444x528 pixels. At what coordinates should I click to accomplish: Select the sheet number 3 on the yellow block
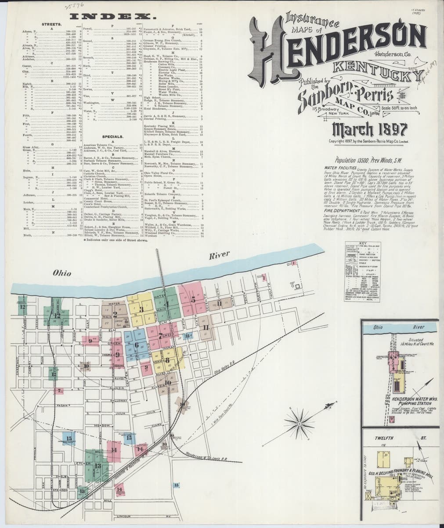pos(141,309)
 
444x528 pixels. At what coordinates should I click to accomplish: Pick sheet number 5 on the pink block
pos(193,299)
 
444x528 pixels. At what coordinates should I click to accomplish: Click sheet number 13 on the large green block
pos(97,466)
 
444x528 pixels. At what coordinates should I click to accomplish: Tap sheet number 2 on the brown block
pos(115,314)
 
